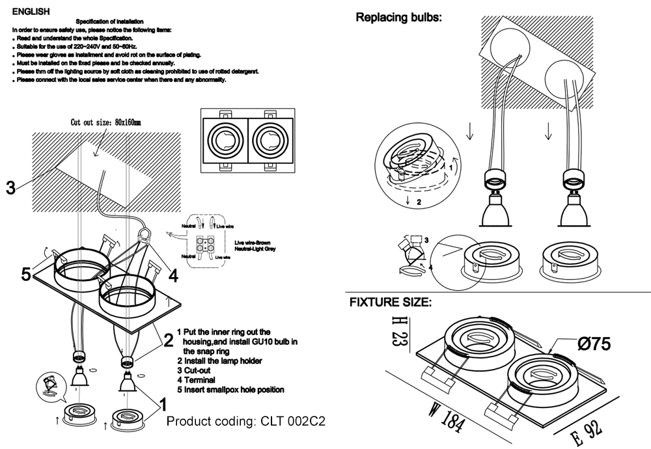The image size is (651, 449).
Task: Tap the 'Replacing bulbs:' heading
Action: point(398,18)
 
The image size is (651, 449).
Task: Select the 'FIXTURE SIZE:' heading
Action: point(389,302)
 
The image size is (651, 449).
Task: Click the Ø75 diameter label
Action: point(593,344)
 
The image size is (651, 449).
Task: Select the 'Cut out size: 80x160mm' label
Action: point(105,122)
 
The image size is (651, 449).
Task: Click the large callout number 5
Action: point(26,275)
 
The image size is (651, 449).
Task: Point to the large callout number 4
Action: point(173,275)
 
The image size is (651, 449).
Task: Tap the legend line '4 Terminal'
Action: point(199,379)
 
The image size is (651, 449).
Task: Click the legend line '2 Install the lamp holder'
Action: point(219,360)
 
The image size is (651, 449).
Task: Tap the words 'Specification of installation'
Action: point(110,21)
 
